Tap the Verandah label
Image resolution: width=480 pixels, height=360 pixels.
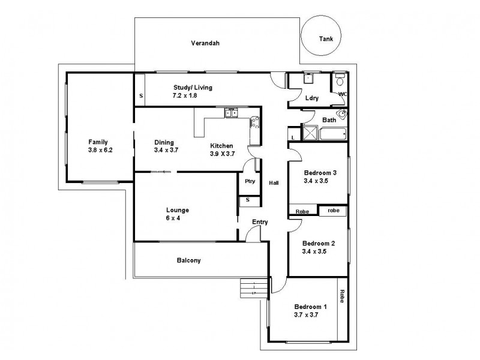203,43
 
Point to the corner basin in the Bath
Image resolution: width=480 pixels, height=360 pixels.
343,115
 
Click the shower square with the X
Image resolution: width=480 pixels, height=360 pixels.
310,133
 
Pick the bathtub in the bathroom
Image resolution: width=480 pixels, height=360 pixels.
333,133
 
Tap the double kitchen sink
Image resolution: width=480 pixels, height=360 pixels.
232,112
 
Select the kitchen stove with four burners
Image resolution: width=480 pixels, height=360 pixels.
254,123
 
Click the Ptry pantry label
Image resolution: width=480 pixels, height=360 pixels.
249,181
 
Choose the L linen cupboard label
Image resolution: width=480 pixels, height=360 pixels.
292,137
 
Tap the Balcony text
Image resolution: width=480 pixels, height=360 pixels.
188,260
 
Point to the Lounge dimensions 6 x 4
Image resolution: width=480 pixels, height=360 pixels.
178,218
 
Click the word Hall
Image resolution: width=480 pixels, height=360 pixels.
274,184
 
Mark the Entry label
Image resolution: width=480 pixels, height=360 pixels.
260,222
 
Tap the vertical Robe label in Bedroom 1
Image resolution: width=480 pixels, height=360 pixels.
342,296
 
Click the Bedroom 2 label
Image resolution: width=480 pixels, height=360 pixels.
319,243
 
